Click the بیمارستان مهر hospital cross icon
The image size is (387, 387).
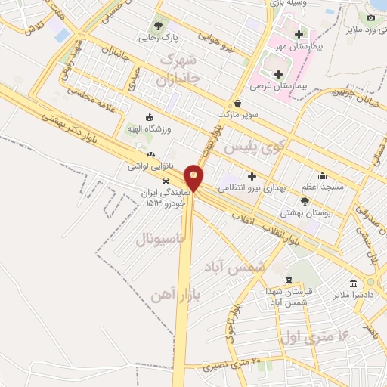pyautogui.click(x=299, y=35)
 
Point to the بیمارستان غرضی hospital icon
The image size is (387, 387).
pyautogui.click(x=279, y=74)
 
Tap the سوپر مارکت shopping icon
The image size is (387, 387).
pyautogui.click(x=237, y=104)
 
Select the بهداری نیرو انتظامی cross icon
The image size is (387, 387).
pyautogui.click(x=252, y=175)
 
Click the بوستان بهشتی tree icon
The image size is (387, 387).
pyautogui.click(x=305, y=201)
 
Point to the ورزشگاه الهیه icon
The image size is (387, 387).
pyautogui.click(x=148, y=118)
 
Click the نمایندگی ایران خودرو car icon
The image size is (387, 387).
pyautogui.click(x=166, y=181)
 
